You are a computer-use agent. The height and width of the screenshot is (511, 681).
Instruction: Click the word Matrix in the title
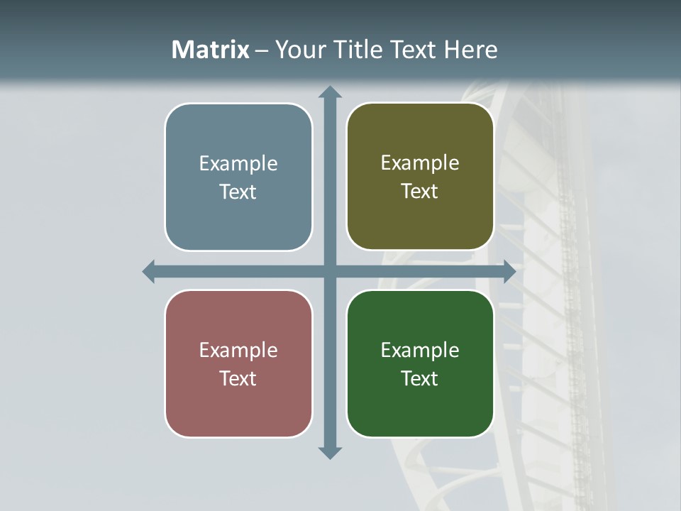(211, 50)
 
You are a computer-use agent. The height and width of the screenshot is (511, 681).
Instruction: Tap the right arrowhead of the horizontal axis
(509, 271)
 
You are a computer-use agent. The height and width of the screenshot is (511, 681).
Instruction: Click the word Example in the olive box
(420, 163)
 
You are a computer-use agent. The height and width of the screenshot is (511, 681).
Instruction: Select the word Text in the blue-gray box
(238, 192)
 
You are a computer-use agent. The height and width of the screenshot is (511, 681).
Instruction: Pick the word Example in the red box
(238, 350)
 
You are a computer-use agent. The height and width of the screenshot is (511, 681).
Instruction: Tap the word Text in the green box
(420, 378)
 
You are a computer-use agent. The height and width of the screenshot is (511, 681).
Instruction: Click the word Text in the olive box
(420, 192)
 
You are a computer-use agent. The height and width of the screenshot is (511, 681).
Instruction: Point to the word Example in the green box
(420, 350)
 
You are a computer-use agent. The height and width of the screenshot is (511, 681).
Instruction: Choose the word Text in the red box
(238, 378)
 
